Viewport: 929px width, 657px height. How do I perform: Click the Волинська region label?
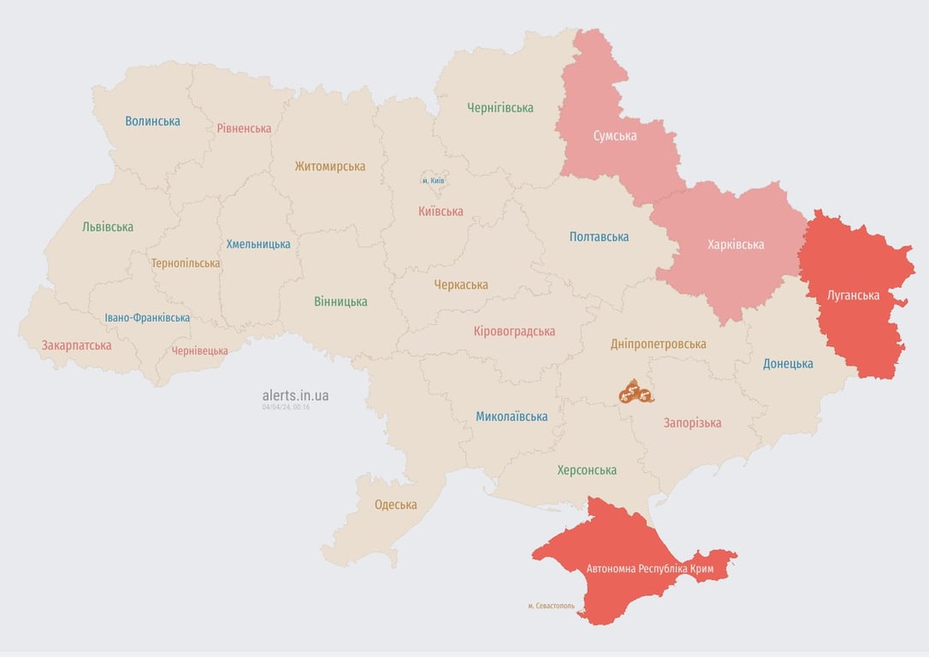pyautogui.click(x=152, y=121)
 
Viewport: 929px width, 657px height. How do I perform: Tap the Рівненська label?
pyautogui.click(x=244, y=128)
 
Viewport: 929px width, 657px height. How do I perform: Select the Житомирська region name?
pyautogui.click(x=330, y=167)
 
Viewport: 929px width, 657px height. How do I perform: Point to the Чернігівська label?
pyautogui.click(x=500, y=108)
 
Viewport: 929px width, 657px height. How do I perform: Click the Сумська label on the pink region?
pyautogui.click(x=615, y=135)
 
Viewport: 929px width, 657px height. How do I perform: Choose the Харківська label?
pyautogui.click(x=736, y=245)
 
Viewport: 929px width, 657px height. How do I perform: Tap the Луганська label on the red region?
pyautogui.click(x=853, y=295)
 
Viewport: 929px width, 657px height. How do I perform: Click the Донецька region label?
pyautogui.click(x=788, y=364)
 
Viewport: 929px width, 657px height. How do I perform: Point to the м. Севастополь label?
pyautogui.click(x=551, y=606)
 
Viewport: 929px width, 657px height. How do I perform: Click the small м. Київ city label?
pyautogui.click(x=433, y=181)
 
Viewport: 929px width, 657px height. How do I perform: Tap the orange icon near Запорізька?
pyautogui.click(x=636, y=393)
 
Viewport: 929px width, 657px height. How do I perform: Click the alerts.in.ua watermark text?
pyautogui.click(x=295, y=395)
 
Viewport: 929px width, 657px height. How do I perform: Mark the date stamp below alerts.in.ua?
pyautogui.click(x=286, y=407)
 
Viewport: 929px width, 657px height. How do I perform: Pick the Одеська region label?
pyautogui.click(x=396, y=505)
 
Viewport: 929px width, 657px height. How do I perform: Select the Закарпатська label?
pyautogui.click(x=76, y=346)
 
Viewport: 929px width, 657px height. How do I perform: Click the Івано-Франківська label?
pyautogui.click(x=147, y=317)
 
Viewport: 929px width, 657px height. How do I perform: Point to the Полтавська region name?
pyautogui.click(x=599, y=237)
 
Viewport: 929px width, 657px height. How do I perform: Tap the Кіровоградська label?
pyautogui.click(x=514, y=331)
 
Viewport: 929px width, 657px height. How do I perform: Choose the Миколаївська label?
pyautogui.click(x=512, y=417)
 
